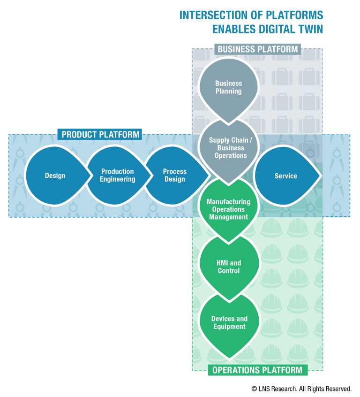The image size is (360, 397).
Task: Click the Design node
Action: tap(55, 176)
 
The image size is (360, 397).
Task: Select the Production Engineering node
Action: tap(117, 176)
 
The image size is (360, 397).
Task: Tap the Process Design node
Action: tap(175, 176)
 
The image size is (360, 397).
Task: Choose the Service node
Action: tap(285, 176)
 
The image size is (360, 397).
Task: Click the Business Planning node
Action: tap(229, 88)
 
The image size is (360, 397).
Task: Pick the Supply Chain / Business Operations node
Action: tap(229, 148)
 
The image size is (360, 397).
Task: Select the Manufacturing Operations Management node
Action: tap(229, 209)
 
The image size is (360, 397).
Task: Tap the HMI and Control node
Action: tap(229, 267)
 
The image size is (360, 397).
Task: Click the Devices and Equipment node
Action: tap(229, 323)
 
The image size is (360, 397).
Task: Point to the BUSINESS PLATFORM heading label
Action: tap(257, 49)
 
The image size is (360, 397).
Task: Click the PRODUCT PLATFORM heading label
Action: tap(100, 135)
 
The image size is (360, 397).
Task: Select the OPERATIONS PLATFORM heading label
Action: tap(257, 370)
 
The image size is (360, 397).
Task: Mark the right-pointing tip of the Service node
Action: tap(321, 176)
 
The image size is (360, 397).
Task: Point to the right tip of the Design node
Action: tap(92, 176)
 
